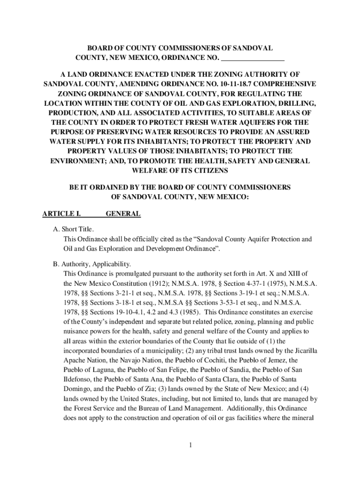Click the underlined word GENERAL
tap(123, 214)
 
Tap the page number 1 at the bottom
tap(191, 444)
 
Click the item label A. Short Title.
tap(73, 229)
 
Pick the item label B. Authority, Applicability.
tap(92, 264)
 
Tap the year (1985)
tap(187, 312)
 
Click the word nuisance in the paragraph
tap(76, 331)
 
